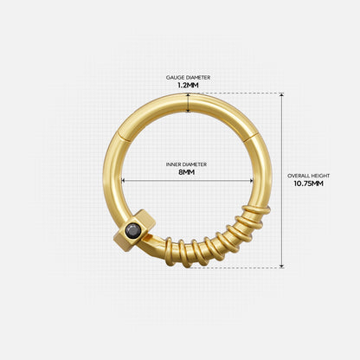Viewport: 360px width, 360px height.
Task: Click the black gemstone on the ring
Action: (134, 229)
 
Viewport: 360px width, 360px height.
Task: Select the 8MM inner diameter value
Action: (188, 172)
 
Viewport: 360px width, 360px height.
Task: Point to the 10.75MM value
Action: (309, 183)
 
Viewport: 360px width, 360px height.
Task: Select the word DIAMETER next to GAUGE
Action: (198, 77)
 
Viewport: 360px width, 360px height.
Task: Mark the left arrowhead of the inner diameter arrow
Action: (125, 180)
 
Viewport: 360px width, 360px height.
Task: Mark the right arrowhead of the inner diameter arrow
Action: (251, 180)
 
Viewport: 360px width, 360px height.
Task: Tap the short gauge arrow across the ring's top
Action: (188, 104)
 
